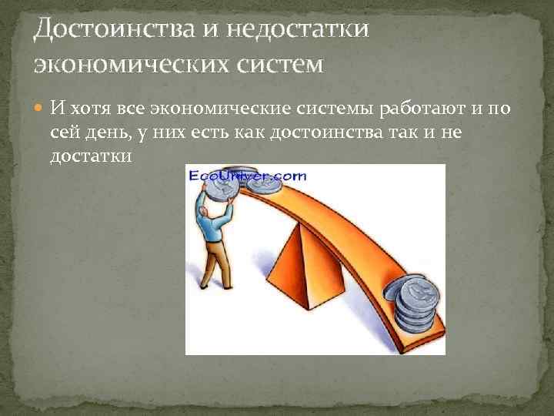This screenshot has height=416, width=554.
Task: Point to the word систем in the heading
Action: [278, 63]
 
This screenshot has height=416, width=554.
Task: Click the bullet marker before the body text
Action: [39, 106]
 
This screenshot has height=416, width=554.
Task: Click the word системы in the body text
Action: [317, 106]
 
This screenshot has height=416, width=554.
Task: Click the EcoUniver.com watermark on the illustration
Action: [247, 177]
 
